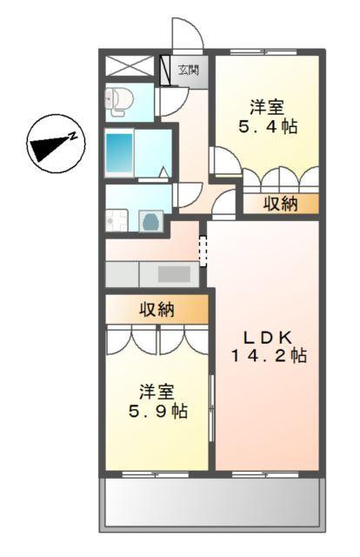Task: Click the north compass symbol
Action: tap(55, 144)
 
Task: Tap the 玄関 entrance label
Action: tap(188, 70)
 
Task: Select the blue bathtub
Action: tap(120, 154)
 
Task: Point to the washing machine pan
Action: tap(151, 220)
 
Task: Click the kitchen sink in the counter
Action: tap(175, 273)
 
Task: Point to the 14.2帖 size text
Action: tap(268, 355)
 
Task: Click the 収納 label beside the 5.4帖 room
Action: tap(280, 204)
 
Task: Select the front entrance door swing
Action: tap(186, 35)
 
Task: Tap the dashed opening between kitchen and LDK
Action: tap(203, 251)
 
